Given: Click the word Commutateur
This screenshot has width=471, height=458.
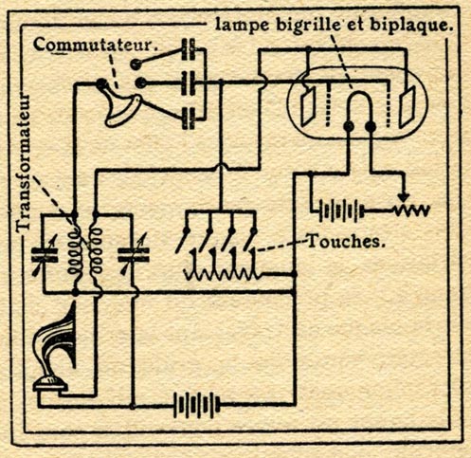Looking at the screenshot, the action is pyautogui.click(x=96, y=46).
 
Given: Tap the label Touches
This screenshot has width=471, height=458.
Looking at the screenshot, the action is pyautogui.click(x=346, y=242).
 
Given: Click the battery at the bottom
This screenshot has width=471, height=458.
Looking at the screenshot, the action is pyautogui.click(x=196, y=405).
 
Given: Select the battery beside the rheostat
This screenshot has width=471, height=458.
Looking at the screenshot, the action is pyautogui.click(x=341, y=211).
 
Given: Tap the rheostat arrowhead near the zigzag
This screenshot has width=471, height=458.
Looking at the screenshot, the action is pyautogui.click(x=402, y=197).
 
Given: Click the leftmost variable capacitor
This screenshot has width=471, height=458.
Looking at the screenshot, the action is pyautogui.click(x=45, y=255).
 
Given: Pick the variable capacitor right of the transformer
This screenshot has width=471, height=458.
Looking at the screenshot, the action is pyautogui.click(x=134, y=255).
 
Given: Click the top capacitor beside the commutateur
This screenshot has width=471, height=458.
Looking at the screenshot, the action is pyautogui.click(x=189, y=49).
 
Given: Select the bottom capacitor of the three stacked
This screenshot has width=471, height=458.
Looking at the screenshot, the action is pyautogui.click(x=189, y=119).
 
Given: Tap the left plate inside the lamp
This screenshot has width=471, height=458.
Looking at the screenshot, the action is pyautogui.click(x=307, y=106).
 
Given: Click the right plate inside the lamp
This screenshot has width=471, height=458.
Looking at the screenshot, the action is pyautogui.click(x=407, y=106).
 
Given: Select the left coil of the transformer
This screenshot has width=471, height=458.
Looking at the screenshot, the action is pyautogui.click(x=75, y=253).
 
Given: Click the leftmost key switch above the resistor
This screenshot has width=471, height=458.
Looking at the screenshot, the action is pyautogui.click(x=183, y=241).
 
